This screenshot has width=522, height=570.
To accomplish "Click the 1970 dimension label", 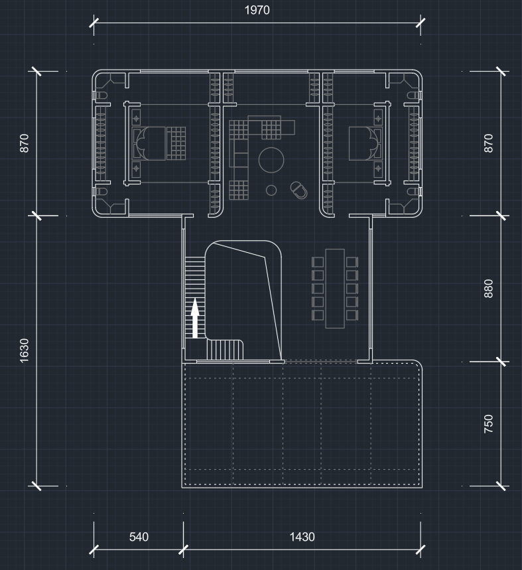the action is click(257, 10).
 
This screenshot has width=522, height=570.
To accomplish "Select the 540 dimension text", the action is click(139, 537).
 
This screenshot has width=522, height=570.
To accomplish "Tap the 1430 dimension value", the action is click(302, 537).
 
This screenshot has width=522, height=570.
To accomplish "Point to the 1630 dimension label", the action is click(24, 350).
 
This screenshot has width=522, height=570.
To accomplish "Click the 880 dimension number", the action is click(489, 289).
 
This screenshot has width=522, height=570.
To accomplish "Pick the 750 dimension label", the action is click(489, 424).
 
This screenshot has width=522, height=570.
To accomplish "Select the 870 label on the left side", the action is click(24, 143).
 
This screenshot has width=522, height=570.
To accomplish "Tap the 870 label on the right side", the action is click(489, 143).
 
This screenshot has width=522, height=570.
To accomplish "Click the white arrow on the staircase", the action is click(195, 318).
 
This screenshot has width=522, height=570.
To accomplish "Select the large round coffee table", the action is click(271, 160).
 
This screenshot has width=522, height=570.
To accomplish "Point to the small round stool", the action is click(271, 190).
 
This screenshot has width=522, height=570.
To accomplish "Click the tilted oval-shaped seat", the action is click(298, 190).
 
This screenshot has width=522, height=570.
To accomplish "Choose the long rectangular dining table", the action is click(335, 289).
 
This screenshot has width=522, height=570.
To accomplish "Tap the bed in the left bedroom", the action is click(159, 143).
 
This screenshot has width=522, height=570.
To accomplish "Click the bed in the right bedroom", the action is click(365, 143).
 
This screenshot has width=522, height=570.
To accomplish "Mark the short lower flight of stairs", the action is click(225, 350).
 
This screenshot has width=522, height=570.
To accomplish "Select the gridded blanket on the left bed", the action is click(176, 143).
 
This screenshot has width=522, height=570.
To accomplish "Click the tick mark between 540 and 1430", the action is click(184, 549).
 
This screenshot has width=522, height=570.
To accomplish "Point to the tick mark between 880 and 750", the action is click(501, 362).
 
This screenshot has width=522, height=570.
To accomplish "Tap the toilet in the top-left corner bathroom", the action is click(101, 96).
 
